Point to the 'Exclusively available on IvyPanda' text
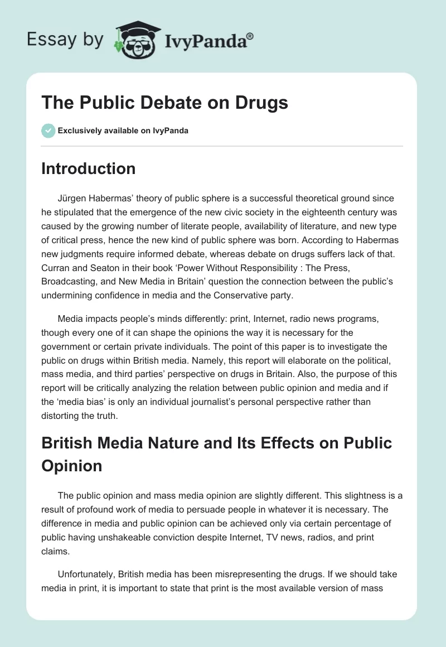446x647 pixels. point(123,131)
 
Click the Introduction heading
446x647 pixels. point(88,168)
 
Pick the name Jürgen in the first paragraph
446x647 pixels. point(71,199)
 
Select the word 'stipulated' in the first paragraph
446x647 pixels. point(73,213)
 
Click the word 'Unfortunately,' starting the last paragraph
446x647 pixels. point(87,574)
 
